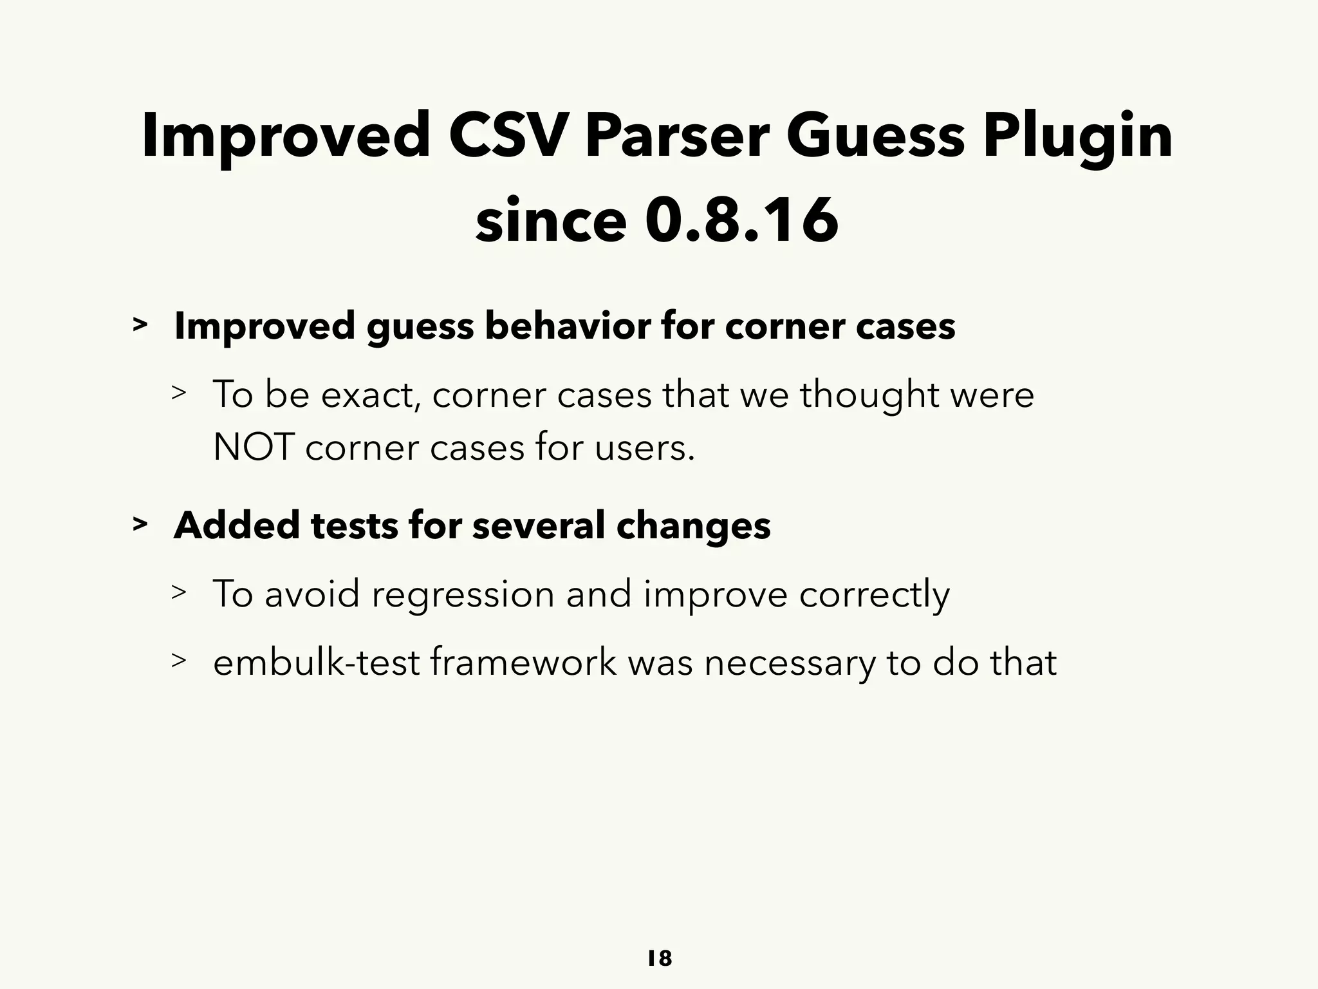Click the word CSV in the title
[509, 136]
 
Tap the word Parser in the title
[677, 136]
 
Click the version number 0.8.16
[742, 221]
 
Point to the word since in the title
[551, 221]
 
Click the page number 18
[659, 959]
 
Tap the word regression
[463, 593]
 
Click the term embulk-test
[316, 662]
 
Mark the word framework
[523, 662]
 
